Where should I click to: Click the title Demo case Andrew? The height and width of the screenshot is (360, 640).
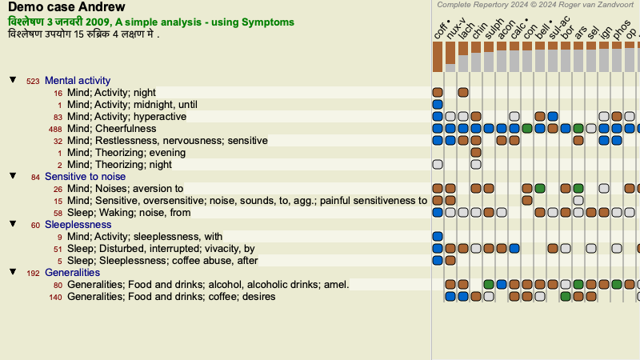click(x=66, y=7)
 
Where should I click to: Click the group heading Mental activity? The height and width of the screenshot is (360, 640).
click(x=78, y=81)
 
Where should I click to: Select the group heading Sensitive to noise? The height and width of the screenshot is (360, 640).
click(x=85, y=176)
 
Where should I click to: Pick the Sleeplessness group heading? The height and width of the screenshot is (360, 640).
click(x=78, y=225)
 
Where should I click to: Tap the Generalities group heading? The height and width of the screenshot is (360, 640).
click(x=72, y=272)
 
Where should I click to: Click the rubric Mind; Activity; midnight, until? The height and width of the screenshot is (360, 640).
click(x=132, y=105)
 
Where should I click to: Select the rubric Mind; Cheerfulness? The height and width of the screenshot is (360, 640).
click(x=112, y=129)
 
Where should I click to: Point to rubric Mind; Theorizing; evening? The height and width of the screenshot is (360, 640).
click(x=126, y=153)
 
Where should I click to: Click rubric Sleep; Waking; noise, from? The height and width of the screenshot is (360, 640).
click(x=129, y=213)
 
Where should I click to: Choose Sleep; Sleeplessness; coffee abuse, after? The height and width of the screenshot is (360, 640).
click(x=162, y=261)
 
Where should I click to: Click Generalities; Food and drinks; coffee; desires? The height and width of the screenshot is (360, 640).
click(x=171, y=296)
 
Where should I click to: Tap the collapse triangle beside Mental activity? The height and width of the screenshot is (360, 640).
click(x=13, y=79)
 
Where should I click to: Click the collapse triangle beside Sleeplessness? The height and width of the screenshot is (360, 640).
click(x=13, y=224)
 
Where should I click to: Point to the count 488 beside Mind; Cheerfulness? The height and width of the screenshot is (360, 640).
click(x=55, y=129)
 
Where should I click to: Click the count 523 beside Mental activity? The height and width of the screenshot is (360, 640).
click(x=33, y=82)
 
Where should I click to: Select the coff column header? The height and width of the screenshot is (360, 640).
click(x=441, y=30)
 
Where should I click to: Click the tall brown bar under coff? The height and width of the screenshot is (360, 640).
click(x=438, y=57)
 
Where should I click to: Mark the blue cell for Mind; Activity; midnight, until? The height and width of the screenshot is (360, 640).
click(x=438, y=105)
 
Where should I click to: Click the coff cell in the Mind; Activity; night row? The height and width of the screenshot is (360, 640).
click(x=438, y=92)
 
